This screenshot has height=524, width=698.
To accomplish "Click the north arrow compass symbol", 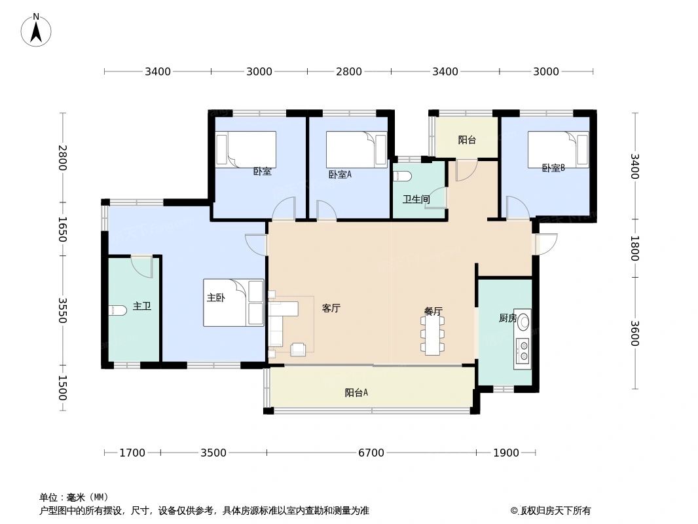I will pyautogui.click(x=37, y=29).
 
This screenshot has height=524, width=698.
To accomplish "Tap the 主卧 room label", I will pyautogui.click(x=216, y=297).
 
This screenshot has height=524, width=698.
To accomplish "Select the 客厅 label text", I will pyautogui.click(x=331, y=308).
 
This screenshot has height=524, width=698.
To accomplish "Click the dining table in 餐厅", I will pyautogui.click(x=433, y=335).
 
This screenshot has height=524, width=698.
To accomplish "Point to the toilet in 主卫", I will pyautogui.click(x=119, y=310).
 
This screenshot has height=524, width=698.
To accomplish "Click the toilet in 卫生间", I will pyautogui.click(x=402, y=176).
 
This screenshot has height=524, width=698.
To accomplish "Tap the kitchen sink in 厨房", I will pyautogui.click(x=523, y=321).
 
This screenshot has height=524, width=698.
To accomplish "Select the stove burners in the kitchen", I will pyautogui.click(x=523, y=350).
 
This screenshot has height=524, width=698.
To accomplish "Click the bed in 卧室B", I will pyautogui.click(x=558, y=149).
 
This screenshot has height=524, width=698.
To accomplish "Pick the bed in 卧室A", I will pyautogui.click(x=356, y=149).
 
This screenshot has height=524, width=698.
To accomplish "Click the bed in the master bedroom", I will pyautogui.click(x=233, y=303).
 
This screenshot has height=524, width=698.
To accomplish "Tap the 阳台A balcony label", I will pyautogui.click(x=356, y=393).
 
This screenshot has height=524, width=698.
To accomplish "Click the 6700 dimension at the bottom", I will pyautogui.click(x=371, y=453).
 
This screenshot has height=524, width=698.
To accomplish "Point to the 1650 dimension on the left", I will pyautogui.click(x=63, y=230).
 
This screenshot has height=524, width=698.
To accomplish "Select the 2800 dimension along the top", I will pyautogui.click(x=349, y=71).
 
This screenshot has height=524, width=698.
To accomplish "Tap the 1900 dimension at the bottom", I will pyautogui.click(x=506, y=453).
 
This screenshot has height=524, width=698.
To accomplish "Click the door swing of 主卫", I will pyautogui.click(x=143, y=265).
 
